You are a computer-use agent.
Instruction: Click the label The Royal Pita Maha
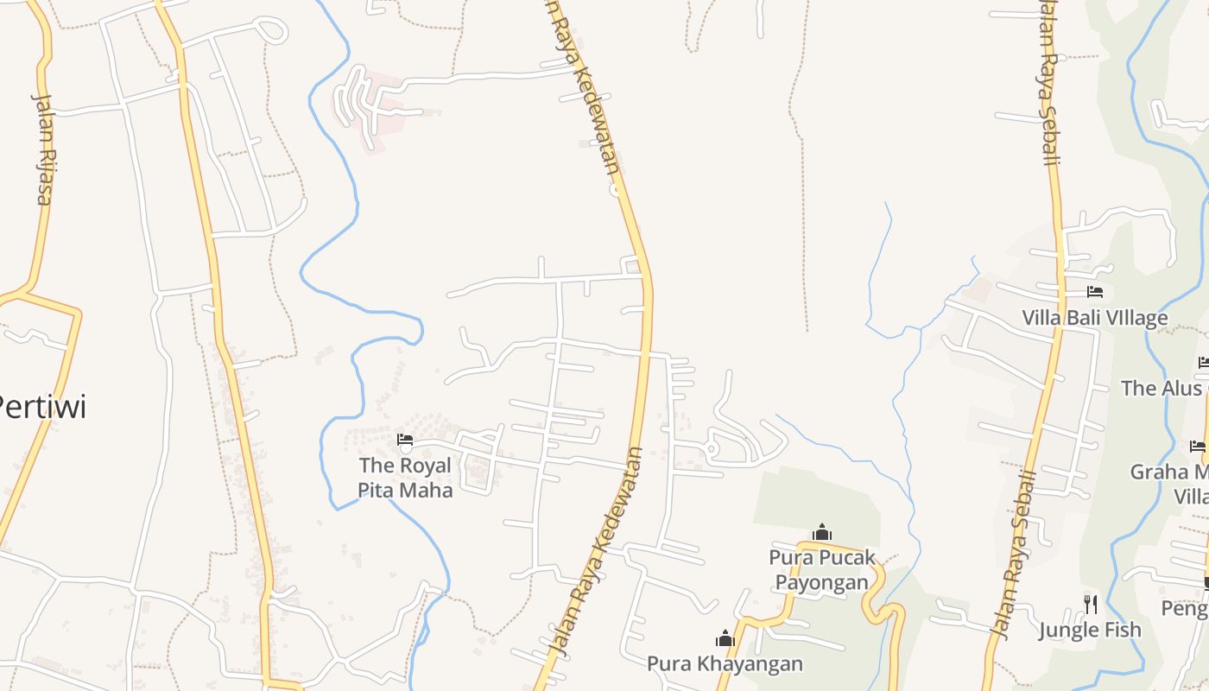coord(405,478)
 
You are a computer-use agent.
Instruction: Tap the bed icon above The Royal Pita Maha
coord(404,440)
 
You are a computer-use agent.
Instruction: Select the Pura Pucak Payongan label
coord(822,569)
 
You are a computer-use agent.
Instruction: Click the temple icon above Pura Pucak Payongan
coord(822,531)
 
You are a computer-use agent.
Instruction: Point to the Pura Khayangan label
coord(725,663)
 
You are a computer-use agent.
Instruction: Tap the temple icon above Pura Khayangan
coord(725,638)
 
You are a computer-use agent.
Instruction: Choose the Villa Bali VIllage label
coord(1094,318)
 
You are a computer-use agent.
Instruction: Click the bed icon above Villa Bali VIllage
coord(1095,292)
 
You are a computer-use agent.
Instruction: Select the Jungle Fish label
coord(1090,630)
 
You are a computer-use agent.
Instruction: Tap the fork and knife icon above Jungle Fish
coord(1091,603)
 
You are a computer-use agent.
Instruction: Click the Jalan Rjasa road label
coord(44,148)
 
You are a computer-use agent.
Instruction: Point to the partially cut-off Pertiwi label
coord(41,406)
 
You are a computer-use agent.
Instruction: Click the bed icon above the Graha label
coord(1197,447)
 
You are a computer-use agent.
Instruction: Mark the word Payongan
coord(821,581)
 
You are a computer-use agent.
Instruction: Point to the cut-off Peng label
coord(1184,608)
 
